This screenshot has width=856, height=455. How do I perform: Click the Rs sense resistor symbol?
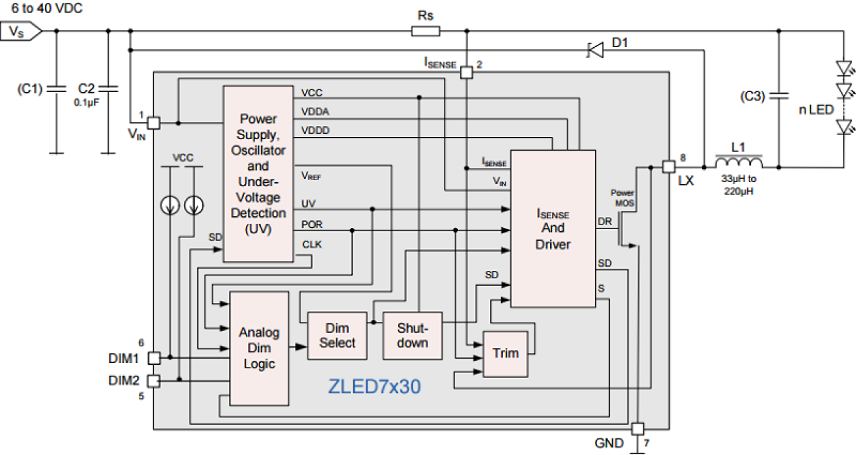point(426,31)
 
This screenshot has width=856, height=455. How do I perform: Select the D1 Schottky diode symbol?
point(595,50)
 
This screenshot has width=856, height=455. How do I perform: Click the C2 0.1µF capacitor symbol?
point(108,89)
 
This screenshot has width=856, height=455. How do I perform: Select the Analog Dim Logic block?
point(259,349)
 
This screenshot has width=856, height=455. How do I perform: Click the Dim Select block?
point(337,336)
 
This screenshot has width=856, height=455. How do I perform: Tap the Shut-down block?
point(412,335)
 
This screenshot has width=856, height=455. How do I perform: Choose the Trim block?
point(505,353)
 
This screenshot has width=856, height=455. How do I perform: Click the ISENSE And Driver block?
point(553,229)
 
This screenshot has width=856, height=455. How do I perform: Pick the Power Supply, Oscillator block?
point(258,174)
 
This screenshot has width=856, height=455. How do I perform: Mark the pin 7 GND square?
point(637,428)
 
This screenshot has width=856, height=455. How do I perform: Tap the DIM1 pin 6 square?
point(154,357)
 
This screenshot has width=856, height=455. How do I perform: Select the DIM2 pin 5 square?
point(154,381)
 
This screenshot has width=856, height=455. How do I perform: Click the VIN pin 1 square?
point(154,123)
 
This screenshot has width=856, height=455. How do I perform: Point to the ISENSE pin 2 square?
point(466,72)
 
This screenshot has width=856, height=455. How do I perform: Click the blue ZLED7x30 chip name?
point(375,387)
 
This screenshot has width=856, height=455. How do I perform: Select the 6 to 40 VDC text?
point(42,8)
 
